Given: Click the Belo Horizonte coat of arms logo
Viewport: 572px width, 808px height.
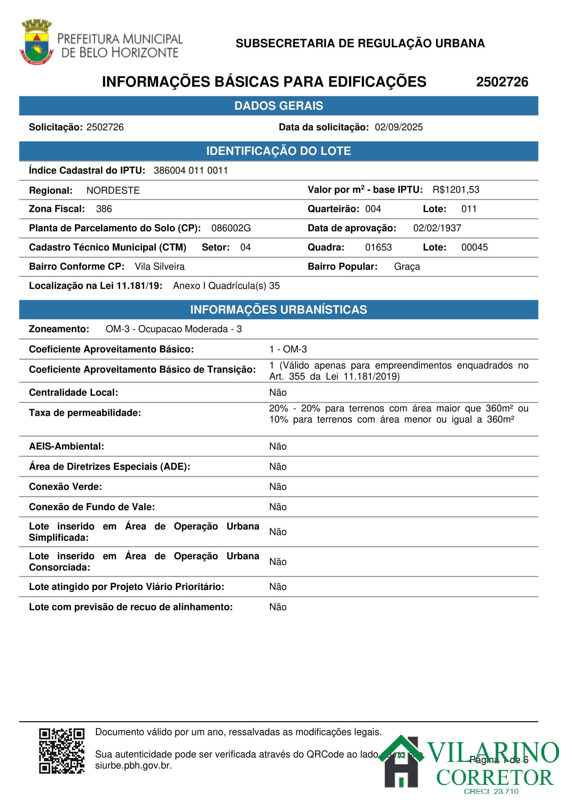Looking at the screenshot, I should (36, 42).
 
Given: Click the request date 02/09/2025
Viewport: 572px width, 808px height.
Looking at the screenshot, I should (398, 127).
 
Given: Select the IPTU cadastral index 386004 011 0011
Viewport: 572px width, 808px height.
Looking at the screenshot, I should (191, 171).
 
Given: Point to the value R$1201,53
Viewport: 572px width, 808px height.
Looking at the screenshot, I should (455, 190).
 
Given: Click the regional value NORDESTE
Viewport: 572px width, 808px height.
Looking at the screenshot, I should (113, 191).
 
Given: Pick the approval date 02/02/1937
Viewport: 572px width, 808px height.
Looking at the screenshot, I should (437, 228).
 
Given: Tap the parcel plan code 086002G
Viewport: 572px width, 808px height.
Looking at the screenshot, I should (231, 228).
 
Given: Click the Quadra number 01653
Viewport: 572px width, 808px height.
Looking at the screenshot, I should (378, 248).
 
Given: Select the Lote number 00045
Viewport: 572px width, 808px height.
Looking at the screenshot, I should (474, 248).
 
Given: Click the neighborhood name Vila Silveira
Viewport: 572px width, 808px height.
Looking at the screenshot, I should (160, 267).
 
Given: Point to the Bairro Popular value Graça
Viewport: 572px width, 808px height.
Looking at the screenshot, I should (407, 267).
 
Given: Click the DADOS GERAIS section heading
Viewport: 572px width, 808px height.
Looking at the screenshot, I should (279, 106).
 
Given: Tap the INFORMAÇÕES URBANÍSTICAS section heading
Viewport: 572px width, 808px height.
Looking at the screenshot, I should (279, 310).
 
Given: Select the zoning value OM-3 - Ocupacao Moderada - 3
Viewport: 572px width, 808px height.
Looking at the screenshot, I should (174, 329).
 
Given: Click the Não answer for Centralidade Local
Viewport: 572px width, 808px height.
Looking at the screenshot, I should (278, 393).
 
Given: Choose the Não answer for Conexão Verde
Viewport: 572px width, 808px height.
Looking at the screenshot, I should (278, 487).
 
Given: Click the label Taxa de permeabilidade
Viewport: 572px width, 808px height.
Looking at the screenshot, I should (85, 413).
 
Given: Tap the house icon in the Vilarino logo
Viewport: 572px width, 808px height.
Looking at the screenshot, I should (401, 763).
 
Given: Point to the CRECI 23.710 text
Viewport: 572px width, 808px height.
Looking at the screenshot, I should (491, 791).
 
